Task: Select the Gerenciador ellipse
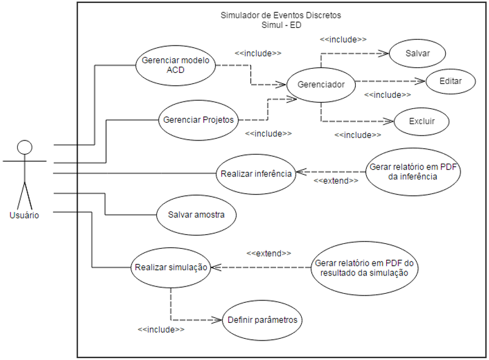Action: coord(321,85)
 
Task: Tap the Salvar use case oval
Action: coord(417,54)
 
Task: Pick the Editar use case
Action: coord(449,81)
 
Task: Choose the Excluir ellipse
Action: coord(422,122)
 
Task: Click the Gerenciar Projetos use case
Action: coord(198,120)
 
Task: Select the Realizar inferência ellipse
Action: coord(256,173)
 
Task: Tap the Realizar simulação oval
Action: coord(171,267)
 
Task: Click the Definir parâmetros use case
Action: coord(263,320)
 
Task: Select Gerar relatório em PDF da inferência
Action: coord(412,173)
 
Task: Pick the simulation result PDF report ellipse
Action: coord(364,268)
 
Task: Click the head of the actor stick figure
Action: coord(24,147)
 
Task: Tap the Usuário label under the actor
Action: coord(24,215)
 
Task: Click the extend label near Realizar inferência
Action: coord(335,181)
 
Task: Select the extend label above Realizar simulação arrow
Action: coord(268,252)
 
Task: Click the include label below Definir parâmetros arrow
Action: coord(161,329)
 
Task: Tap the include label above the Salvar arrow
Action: coord(343,39)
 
